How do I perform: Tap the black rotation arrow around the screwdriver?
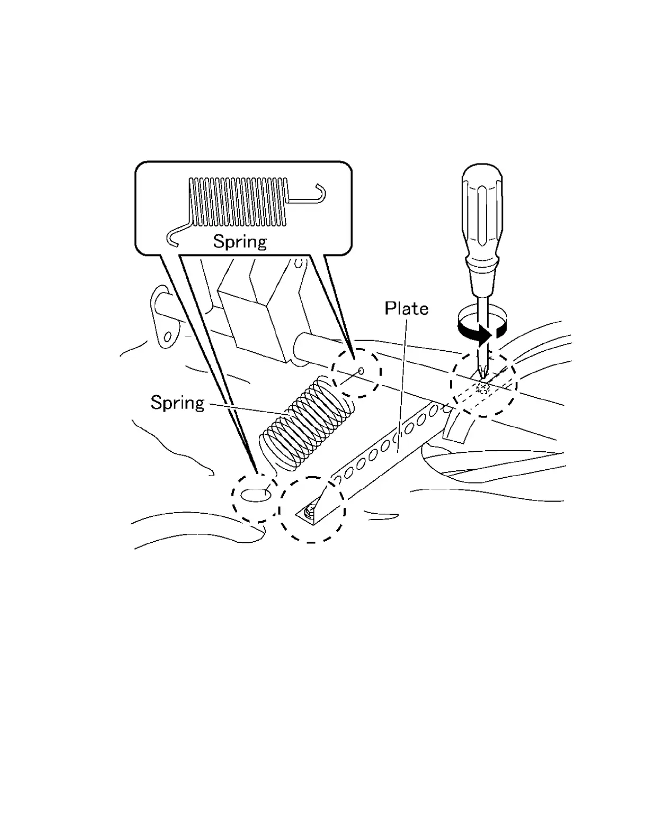[x=479, y=334]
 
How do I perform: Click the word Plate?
[x=407, y=308]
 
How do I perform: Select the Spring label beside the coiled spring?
[x=177, y=403]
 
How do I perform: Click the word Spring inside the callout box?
[x=240, y=241]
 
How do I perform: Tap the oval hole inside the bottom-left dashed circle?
[x=255, y=495]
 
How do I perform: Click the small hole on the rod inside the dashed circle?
[x=361, y=370]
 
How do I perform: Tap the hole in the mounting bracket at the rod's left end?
[x=168, y=335]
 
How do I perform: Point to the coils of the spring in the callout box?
[x=238, y=201]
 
